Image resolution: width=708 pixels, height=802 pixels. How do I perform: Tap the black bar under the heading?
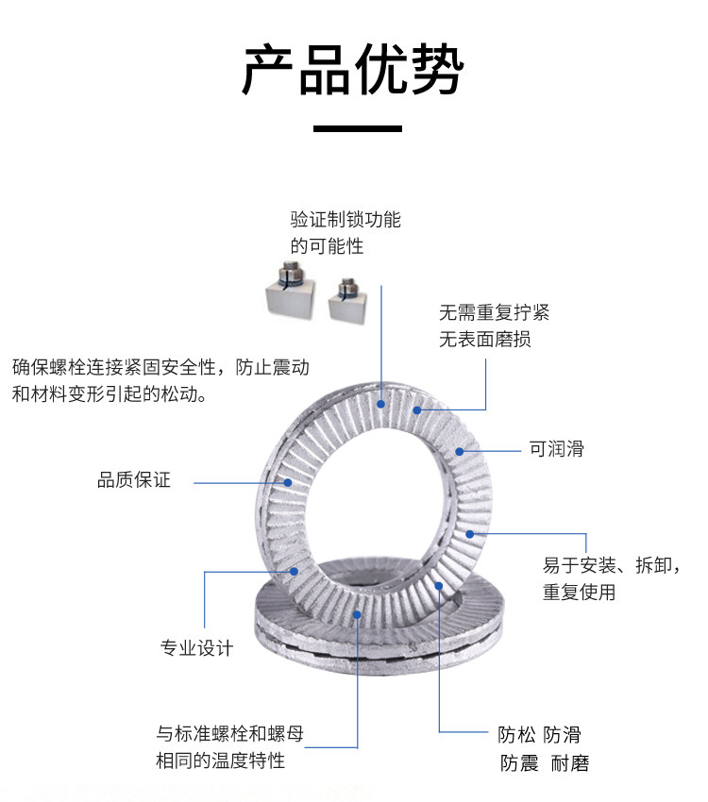357,128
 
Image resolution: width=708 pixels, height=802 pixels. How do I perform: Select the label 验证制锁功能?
346,220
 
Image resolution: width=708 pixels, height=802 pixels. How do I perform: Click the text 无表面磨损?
485,339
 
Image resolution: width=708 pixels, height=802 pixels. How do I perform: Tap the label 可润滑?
556,449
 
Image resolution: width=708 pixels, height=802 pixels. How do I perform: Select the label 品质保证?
134,480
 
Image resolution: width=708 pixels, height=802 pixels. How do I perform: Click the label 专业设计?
196,647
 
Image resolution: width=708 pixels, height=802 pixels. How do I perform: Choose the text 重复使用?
579,593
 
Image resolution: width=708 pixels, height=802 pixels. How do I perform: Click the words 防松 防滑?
539,735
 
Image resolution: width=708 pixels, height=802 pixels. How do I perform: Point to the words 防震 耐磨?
545,763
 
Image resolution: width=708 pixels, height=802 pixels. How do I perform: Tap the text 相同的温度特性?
220,760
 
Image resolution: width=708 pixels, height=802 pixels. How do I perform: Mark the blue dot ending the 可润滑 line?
460,451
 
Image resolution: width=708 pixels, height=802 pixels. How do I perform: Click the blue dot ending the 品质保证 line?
290,482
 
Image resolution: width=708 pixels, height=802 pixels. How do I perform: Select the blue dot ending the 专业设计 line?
295,571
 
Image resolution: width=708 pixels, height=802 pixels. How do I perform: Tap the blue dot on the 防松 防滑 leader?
439,586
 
